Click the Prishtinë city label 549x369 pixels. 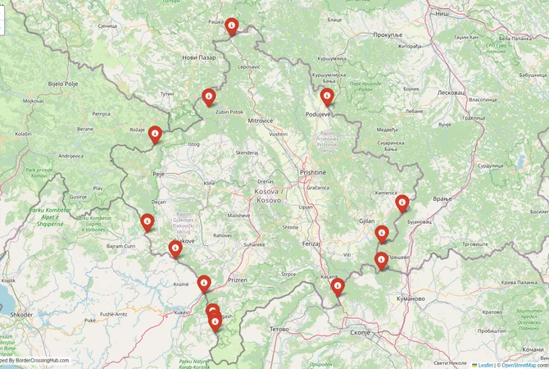tap(312, 173)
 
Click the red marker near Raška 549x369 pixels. tap(232, 26)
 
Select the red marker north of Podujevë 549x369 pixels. tap(327, 97)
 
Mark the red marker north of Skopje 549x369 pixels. tap(338, 287)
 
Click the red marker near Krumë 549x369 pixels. tap(204, 283)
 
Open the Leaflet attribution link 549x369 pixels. tap(485, 365)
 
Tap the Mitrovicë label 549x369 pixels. tap(260, 121)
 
